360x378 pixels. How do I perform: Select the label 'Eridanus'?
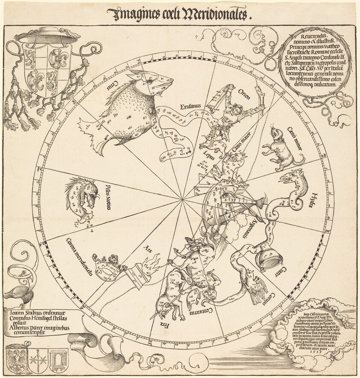191,106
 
